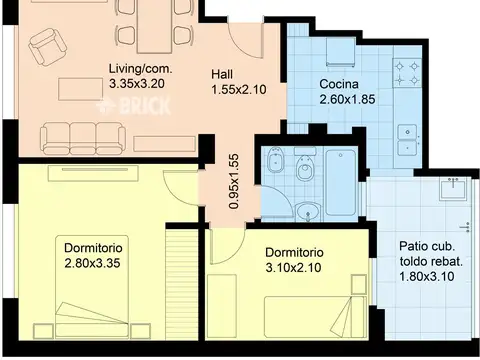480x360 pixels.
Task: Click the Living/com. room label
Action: [x=141, y=69]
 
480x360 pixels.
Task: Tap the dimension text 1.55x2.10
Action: [x=239, y=89]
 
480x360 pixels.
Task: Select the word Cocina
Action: [x=339, y=84]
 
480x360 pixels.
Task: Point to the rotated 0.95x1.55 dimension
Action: [x=234, y=181]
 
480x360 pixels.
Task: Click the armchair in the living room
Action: [x=47, y=47]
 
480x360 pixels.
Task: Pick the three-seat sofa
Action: [x=83, y=138]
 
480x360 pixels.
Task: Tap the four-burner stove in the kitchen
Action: [x=407, y=73]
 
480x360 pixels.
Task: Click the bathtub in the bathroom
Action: [x=340, y=183]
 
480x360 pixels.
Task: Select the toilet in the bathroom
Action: [x=305, y=164]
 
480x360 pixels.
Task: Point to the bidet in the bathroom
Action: [x=276, y=160]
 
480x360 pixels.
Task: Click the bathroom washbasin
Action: [x=308, y=211]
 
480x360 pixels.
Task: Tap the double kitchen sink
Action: [x=407, y=140]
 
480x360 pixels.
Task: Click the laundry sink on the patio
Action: [x=454, y=189]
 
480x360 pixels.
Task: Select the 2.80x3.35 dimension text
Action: [x=92, y=263]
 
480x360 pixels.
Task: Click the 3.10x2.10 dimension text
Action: [x=293, y=267]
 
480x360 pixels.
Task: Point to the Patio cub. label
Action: [x=427, y=246]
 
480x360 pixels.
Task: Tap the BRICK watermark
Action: [x=133, y=106]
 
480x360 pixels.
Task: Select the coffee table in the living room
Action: [x=80, y=89]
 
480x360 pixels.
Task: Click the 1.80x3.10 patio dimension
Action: [x=427, y=276]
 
